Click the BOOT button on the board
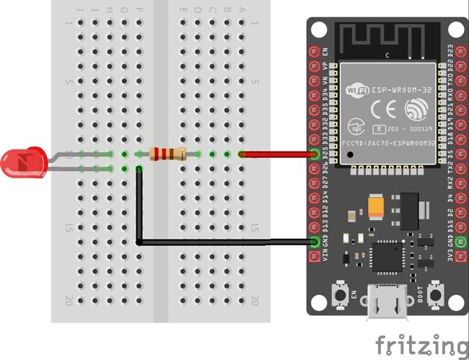(x=435, y=294)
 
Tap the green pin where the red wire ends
(x=315, y=154)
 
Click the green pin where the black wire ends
(x=315, y=242)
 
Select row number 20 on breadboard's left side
(x=68, y=299)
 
